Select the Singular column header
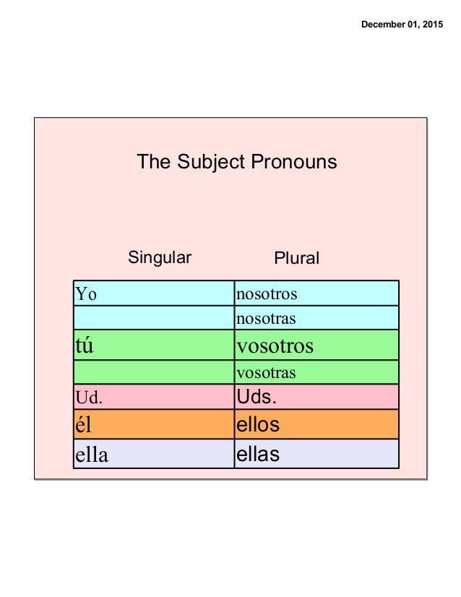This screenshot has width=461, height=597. [x=160, y=257]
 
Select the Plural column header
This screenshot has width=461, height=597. [x=297, y=259]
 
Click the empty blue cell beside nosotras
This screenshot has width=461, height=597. [x=154, y=317]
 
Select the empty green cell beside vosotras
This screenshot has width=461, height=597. [x=154, y=373]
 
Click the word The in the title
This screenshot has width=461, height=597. [x=153, y=162]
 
